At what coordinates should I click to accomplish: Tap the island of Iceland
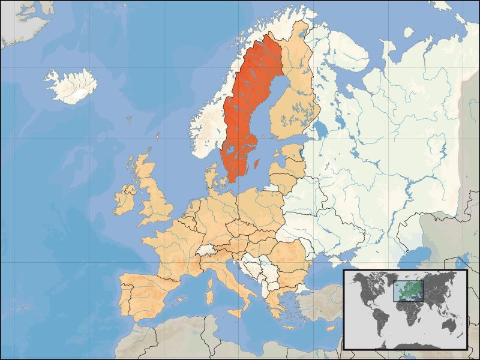click(x=72, y=85)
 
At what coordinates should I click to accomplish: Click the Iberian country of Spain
click(x=144, y=294)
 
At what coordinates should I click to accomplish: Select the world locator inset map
click(x=404, y=310)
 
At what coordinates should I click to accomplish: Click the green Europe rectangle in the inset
click(x=408, y=291)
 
